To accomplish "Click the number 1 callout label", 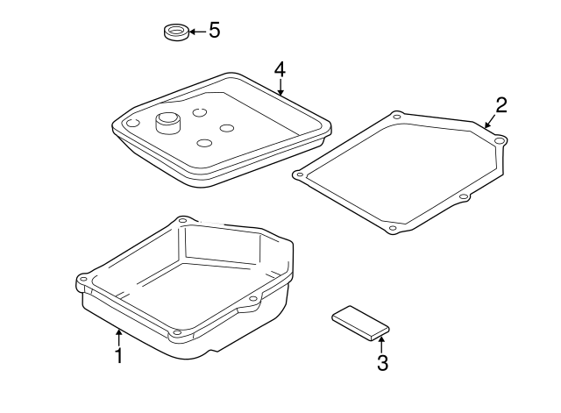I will click(118, 356).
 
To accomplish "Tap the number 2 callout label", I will click(501, 105).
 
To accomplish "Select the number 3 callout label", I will click(382, 361).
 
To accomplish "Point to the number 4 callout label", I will click(280, 68).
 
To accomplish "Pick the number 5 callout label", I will click(214, 31).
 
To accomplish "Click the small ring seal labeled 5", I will click(177, 33).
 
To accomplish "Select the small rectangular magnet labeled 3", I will click(360, 321).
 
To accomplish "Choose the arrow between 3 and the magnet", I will click(382, 342).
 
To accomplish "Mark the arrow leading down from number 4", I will click(280, 86).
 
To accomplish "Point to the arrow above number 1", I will click(118, 335).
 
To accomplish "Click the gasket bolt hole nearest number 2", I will click(499, 140).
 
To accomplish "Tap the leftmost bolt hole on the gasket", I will click(300, 174).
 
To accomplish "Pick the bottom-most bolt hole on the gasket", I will click(392, 229).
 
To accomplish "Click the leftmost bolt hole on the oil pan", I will click(82, 281).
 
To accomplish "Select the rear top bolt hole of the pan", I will click(182, 220).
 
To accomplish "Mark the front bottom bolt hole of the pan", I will click(177, 331).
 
